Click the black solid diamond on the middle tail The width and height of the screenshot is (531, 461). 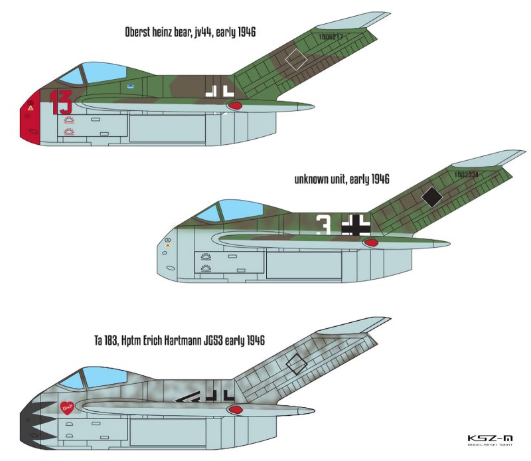click(x=432, y=195)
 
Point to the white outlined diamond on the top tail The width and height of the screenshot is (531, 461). click(x=296, y=60)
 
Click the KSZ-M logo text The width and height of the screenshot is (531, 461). click(x=490, y=438)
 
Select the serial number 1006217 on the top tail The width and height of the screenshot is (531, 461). click(x=330, y=37)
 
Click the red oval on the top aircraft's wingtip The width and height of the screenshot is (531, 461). click(x=236, y=104)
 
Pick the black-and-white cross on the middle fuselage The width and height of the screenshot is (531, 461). click(x=354, y=226)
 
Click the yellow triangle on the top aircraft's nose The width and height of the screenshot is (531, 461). click(x=30, y=107)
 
